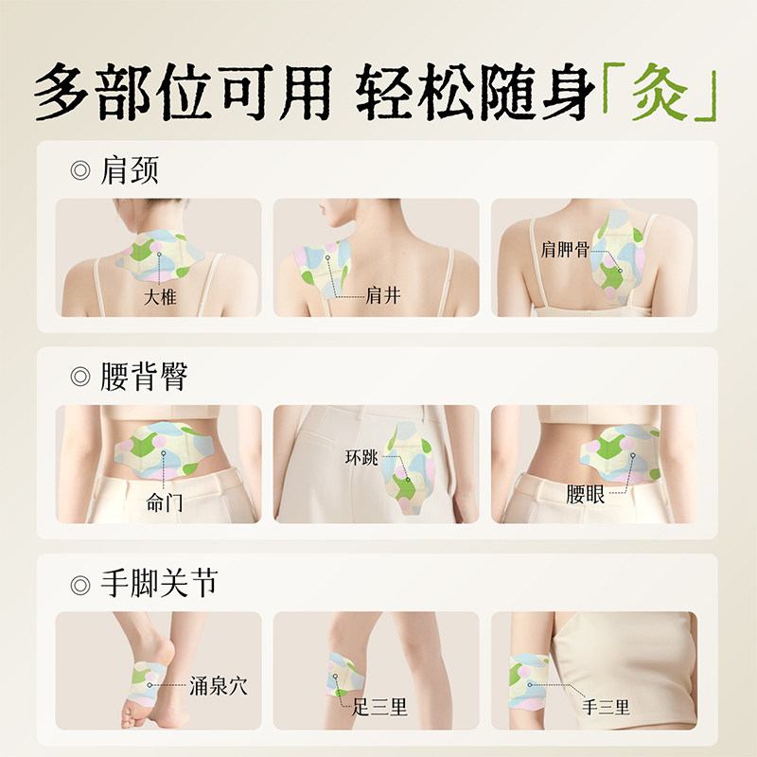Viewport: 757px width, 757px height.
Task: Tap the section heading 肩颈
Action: pos(130,171)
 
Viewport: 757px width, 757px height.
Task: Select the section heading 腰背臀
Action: pos(144,378)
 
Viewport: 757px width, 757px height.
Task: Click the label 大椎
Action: pos(160,297)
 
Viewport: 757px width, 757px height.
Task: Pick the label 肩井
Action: pos(383,296)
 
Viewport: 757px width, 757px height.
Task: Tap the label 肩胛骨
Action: pos(564,249)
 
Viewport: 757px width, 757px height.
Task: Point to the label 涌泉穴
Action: pos(219,685)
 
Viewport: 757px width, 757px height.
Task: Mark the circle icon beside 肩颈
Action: pos(80,172)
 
